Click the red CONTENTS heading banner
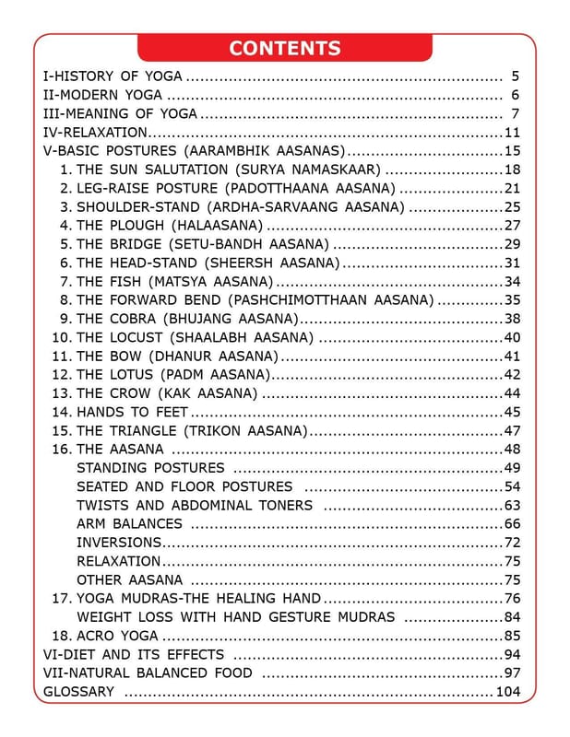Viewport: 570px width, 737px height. [x=284, y=48]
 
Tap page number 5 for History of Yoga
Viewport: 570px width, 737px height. [x=515, y=76]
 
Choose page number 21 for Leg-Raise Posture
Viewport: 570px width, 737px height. [x=513, y=188]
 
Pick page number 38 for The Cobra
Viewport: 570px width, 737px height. [x=513, y=319]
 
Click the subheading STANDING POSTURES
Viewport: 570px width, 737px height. [x=150, y=468]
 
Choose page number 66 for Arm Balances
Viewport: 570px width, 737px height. [x=513, y=524]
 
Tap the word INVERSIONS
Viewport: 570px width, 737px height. [x=119, y=543]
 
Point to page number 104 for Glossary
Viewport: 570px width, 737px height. [x=509, y=692]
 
